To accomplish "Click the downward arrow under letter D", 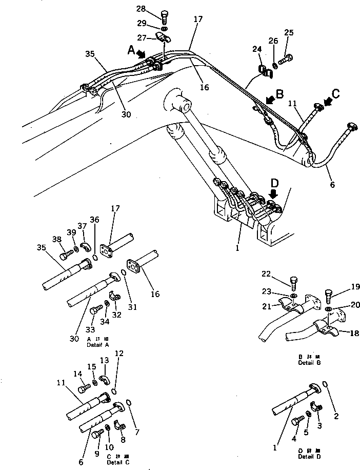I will tap(274, 193).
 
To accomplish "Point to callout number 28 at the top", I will tap(155, 8).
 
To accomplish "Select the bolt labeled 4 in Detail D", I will tap(296, 422).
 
